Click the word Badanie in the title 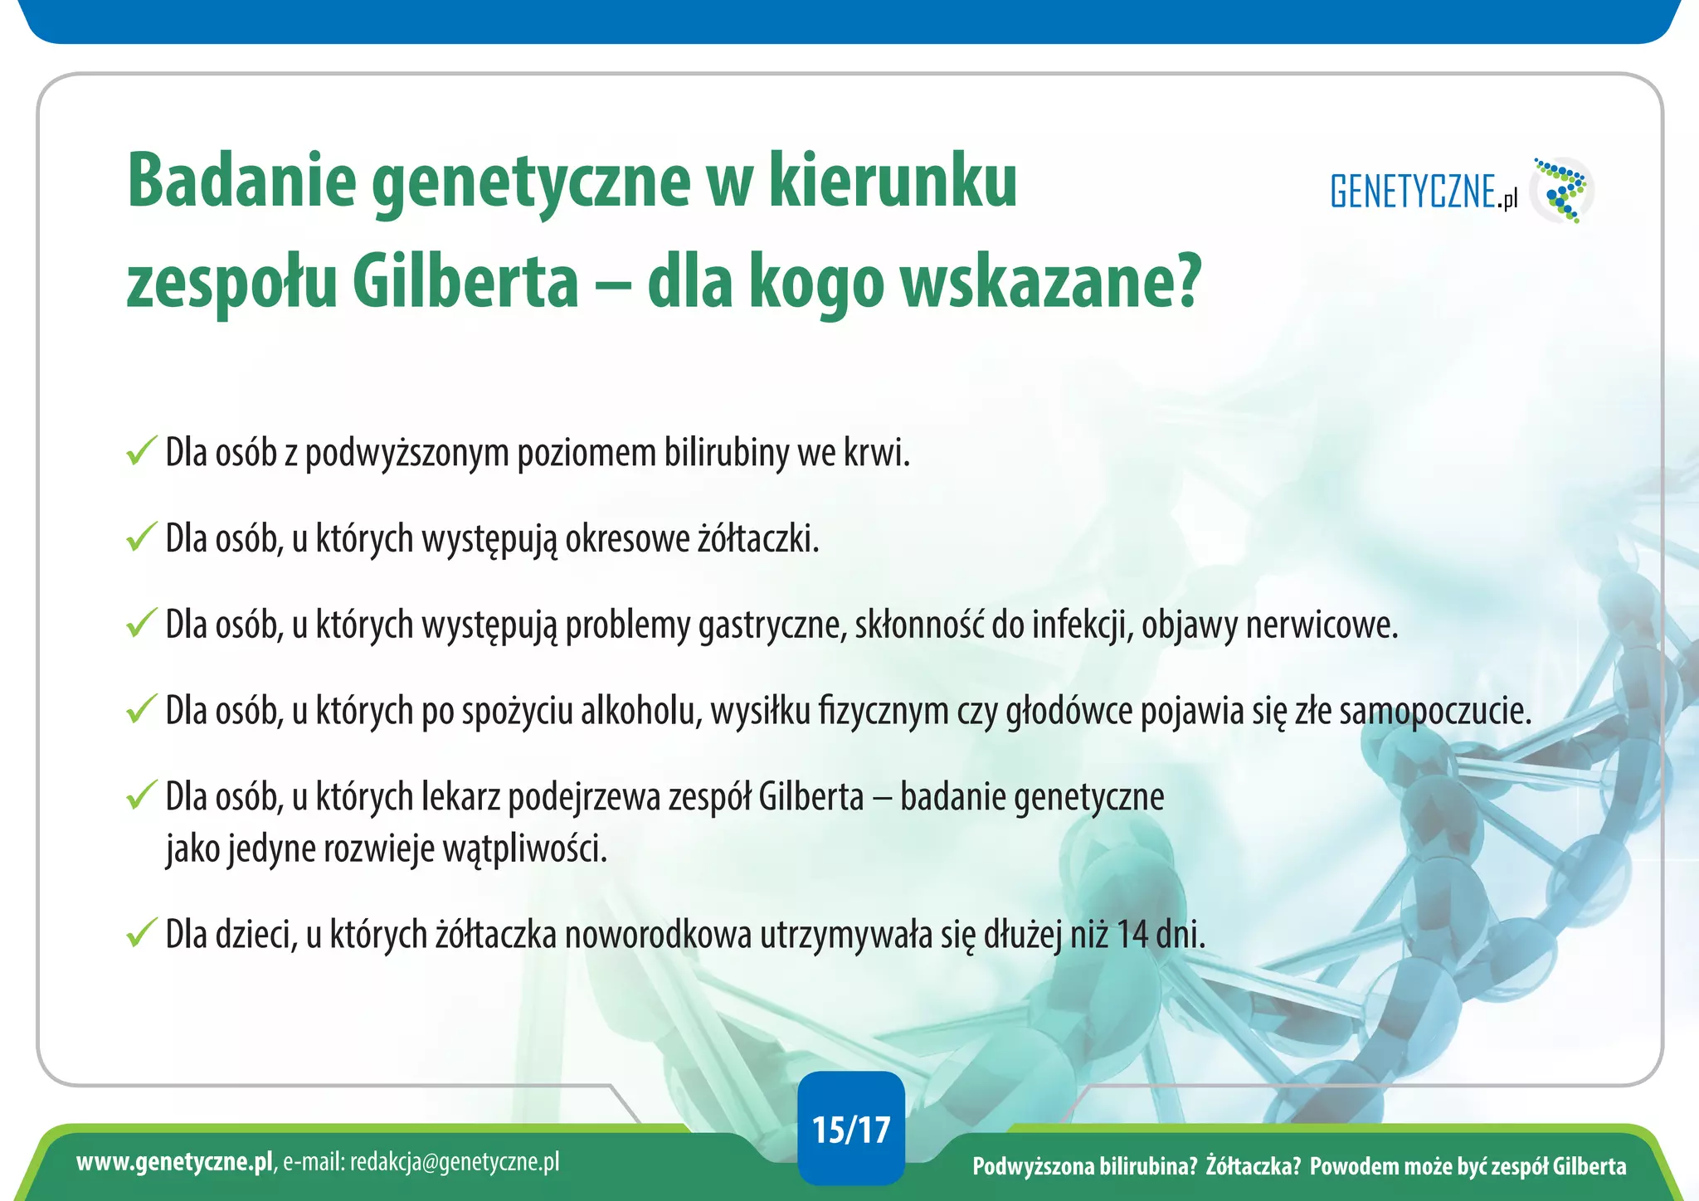coord(241,181)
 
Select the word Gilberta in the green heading coord(465,282)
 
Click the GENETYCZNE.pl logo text coord(1424,192)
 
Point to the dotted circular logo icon coord(1562,191)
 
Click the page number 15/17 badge coord(850,1130)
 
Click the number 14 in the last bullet coord(1132,935)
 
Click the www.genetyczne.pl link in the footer coord(174,1162)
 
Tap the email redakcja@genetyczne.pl coord(454,1162)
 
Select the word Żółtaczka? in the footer coord(1254,1166)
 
